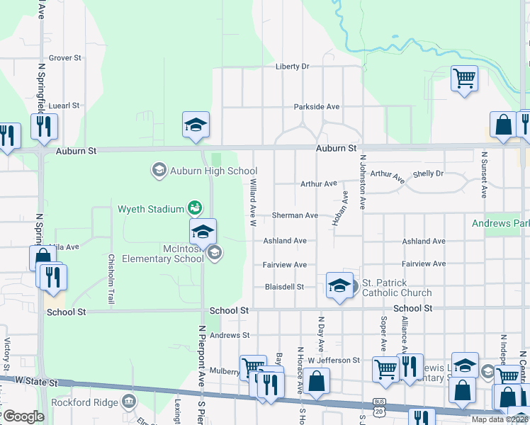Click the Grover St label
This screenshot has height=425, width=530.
pos(64,58)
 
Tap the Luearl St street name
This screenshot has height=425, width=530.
pos(64,106)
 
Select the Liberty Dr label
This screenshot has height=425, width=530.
pos(293,67)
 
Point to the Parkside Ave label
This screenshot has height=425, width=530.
pos(317,107)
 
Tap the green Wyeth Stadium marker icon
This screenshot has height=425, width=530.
pos(195,208)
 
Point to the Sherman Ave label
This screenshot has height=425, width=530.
pos(295,215)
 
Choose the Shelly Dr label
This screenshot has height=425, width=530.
pos(428,174)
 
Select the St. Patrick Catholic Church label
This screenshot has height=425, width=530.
pos(396,288)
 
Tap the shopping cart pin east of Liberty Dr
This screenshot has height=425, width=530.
pos(464,79)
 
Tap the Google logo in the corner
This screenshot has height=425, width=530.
pos(23,416)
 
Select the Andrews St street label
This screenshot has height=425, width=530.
pos(230,335)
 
